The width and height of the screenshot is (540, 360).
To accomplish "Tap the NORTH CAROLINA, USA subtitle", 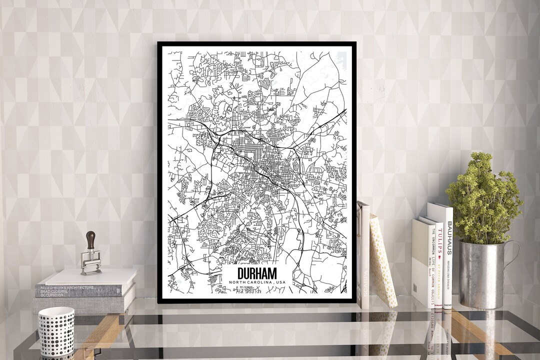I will pyautogui.click(x=257, y=282).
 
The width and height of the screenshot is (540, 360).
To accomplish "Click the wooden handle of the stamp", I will pyautogui.click(x=91, y=238).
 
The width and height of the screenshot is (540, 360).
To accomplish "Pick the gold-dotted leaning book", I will pyautogui.click(x=382, y=260).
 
